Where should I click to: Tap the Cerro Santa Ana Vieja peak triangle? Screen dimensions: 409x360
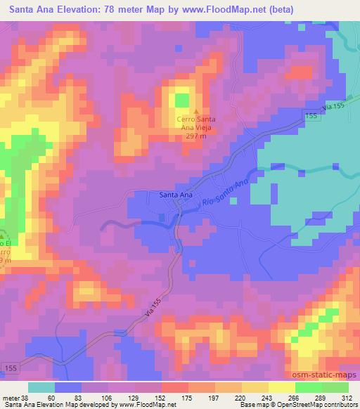[x=195, y=110]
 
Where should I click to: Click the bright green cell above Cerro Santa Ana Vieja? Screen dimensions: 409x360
[x=182, y=100]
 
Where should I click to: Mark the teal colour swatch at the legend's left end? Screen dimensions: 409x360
[x=41, y=387]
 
